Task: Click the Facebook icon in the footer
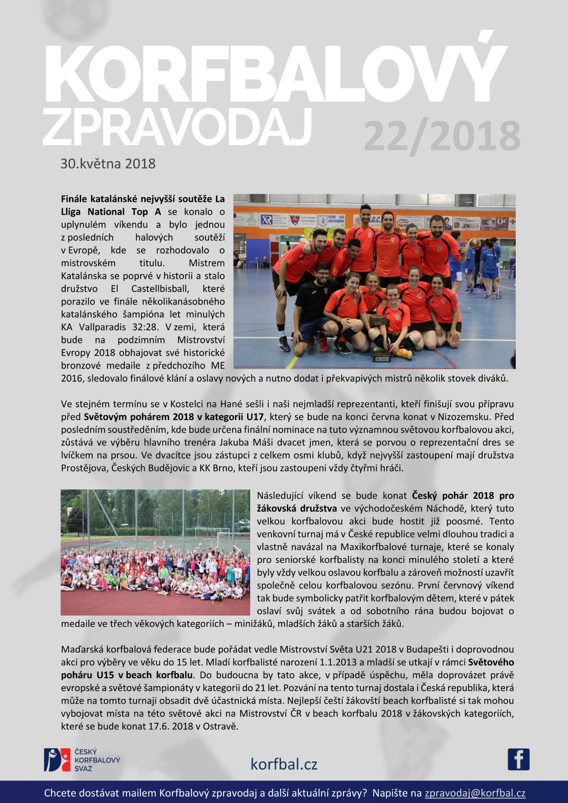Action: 518,759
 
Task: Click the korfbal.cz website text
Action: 284,764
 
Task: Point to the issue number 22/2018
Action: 441,135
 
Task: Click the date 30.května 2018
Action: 108,163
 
